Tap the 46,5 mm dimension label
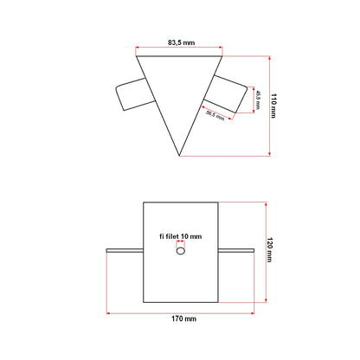[255, 97]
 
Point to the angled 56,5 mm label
[215, 113]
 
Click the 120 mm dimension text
[270, 251]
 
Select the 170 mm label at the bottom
[180, 320]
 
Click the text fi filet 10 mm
[180, 235]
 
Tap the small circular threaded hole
[180, 253]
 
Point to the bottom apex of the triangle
[180, 156]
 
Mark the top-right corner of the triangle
[225, 57]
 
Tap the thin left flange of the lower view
[123, 250]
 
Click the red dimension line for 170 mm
[180, 312]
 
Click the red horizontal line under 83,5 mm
[180, 48]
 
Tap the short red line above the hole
[180, 243]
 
